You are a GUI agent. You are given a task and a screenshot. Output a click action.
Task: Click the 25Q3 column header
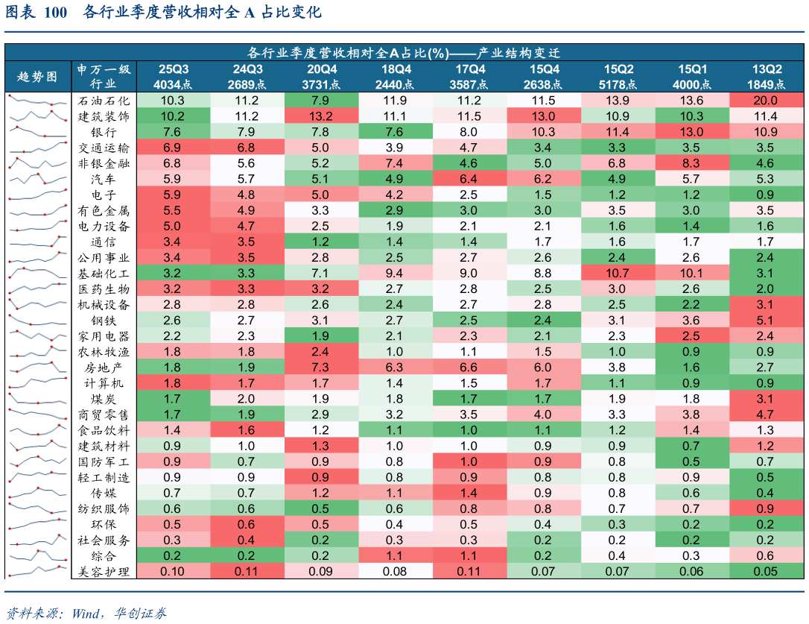(x=174, y=69)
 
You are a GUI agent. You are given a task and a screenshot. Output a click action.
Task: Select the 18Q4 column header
(x=395, y=69)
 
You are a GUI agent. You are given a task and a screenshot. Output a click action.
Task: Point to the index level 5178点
(x=617, y=84)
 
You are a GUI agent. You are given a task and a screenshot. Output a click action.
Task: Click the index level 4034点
(x=174, y=84)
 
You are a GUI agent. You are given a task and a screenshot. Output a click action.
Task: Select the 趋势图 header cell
(x=37, y=76)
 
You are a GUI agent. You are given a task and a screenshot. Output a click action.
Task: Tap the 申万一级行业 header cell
(x=104, y=76)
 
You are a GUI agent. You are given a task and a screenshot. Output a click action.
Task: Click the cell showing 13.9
(x=617, y=101)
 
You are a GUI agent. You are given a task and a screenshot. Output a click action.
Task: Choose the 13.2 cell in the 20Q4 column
(x=321, y=116)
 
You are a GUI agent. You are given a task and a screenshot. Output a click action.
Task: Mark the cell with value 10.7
(x=617, y=273)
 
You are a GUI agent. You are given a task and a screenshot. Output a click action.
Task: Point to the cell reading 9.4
(x=395, y=273)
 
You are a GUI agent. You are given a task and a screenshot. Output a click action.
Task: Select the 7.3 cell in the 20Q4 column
(x=321, y=367)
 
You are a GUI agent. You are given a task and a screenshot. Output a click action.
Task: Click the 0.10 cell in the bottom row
(x=174, y=571)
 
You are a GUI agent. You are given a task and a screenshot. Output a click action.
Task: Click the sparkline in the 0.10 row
(x=37, y=571)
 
